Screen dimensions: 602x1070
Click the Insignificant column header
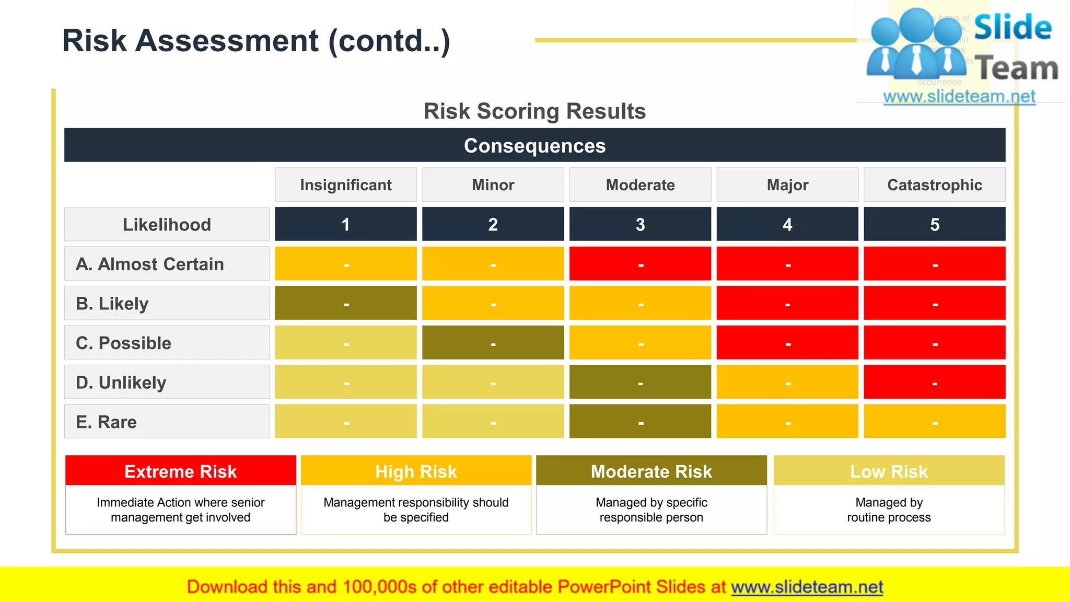(346, 185)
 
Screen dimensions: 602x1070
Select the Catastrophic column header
(934, 185)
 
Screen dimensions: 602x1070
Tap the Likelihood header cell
(167, 225)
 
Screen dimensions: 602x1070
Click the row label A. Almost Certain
(150, 264)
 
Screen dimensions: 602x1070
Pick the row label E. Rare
(107, 422)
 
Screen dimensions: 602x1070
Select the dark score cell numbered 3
(640, 224)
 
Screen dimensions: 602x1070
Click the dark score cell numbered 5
(934, 224)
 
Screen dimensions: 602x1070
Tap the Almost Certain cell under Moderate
(640, 264)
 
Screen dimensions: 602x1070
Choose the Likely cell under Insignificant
(346, 303)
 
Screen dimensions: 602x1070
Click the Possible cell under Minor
(493, 343)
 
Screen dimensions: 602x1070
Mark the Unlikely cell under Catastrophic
(934, 382)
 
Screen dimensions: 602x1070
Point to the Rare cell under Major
(787, 421)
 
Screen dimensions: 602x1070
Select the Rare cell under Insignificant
(346, 421)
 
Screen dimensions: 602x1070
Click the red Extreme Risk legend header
(181, 471)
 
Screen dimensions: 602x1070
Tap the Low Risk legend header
(889, 471)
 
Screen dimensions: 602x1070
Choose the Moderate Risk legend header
(651, 471)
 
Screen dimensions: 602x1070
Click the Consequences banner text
(534, 146)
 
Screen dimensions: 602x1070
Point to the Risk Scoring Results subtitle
(534, 111)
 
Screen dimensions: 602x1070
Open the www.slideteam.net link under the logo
(959, 97)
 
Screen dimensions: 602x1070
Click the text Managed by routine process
(889, 510)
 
